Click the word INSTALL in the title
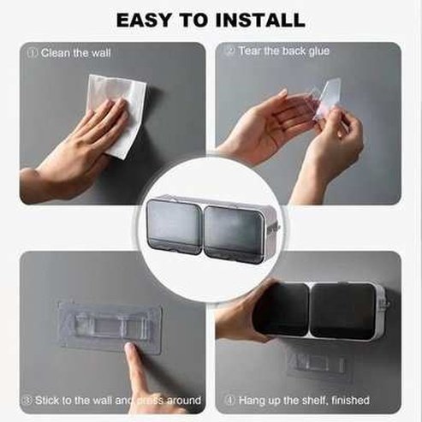tap(254, 19)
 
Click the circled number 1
tap(33, 52)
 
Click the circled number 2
tap(229, 51)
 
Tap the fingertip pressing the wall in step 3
tap(131, 351)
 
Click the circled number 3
tap(28, 400)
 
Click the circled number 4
tap(229, 400)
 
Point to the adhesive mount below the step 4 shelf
tap(316, 364)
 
